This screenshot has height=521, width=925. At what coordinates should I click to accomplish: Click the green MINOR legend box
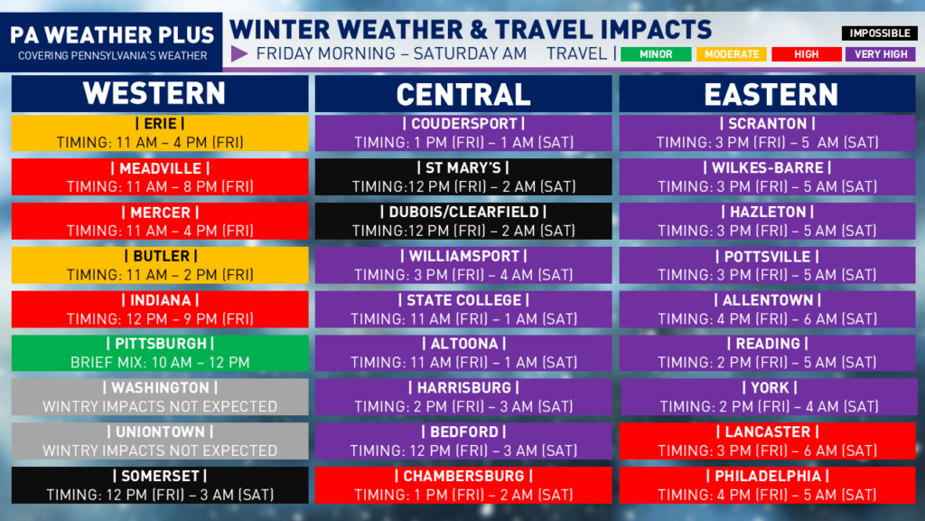click(x=656, y=54)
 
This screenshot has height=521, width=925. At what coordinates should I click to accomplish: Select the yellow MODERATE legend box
click(x=732, y=54)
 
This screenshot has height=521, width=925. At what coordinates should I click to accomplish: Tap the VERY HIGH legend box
click(x=881, y=54)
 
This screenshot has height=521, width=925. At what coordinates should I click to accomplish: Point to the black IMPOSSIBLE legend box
click(x=879, y=33)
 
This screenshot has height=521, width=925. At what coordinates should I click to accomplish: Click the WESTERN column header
click(x=160, y=93)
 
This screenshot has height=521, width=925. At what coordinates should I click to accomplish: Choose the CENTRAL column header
click(x=463, y=93)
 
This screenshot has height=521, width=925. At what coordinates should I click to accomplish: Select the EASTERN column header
click(x=767, y=93)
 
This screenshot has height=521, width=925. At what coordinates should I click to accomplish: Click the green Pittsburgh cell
click(x=160, y=354)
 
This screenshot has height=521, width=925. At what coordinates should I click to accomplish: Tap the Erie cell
click(x=160, y=133)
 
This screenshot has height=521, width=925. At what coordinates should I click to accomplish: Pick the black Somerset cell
click(x=160, y=485)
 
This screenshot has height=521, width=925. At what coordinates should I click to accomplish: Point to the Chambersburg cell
click(x=463, y=485)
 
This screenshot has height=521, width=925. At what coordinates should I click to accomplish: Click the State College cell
click(x=463, y=309)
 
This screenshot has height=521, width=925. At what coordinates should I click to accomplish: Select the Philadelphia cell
click(x=767, y=485)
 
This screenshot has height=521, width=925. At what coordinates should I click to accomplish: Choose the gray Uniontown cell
click(x=160, y=441)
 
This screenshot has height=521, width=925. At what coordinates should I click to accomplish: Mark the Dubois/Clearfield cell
click(x=463, y=221)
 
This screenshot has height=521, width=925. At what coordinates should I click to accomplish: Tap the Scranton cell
click(x=767, y=133)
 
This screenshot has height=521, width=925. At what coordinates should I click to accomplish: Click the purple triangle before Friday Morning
click(x=238, y=53)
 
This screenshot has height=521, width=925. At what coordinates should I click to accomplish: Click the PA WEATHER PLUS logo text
click(x=112, y=35)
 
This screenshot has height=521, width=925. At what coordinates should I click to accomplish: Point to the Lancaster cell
click(x=767, y=441)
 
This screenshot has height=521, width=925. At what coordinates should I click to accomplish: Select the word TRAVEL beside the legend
click(x=576, y=53)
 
